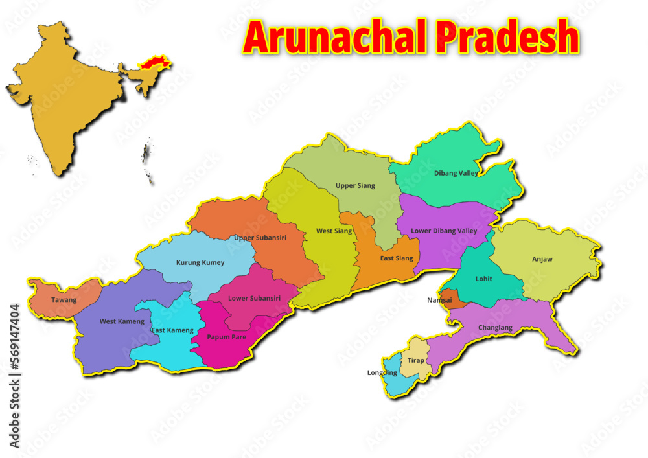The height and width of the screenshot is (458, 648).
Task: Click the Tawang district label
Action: pos(64,300)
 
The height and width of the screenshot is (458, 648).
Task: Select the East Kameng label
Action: pos(172,330)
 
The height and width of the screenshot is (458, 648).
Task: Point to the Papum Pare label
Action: pos(226,337)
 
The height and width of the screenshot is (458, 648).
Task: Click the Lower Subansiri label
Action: pos(254,298)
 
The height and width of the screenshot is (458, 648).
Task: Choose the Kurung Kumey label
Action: pos(200,262)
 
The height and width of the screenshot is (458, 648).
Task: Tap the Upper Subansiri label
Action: pos(260,238)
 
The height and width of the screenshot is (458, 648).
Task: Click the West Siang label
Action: pos(334,231)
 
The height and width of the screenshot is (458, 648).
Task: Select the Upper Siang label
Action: pos(355,186)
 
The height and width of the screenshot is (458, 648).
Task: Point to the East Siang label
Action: pos(396,258)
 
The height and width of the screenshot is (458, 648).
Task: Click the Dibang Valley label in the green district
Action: pos(456,173)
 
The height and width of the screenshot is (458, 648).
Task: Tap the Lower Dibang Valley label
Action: pos(444,231)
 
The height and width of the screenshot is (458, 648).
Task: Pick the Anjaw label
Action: pos(542,259)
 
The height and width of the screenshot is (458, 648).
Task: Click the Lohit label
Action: pos(483,279)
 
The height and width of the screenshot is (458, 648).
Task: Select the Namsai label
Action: pos(440,300)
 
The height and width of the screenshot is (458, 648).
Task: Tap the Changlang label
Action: pos(495,327)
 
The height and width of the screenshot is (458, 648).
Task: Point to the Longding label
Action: pos(382,372)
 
